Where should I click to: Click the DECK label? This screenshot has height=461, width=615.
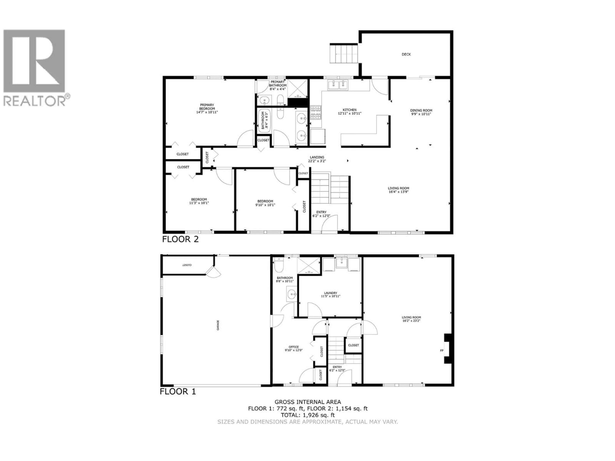(x=406, y=54)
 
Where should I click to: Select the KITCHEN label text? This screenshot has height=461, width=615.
(x=349, y=110)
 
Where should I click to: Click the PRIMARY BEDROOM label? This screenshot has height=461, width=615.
(x=207, y=107)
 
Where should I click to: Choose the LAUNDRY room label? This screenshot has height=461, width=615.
(x=331, y=293)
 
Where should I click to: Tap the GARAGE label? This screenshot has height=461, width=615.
(x=218, y=325)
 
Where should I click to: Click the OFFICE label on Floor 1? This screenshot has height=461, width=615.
(x=294, y=347)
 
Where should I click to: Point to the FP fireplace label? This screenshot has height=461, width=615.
(x=442, y=350)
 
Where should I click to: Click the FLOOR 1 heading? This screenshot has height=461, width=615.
(x=178, y=392)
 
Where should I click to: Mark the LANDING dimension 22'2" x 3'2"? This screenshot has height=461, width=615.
(x=317, y=161)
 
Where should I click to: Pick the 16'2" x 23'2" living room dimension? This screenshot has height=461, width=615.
(x=411, y=321)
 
